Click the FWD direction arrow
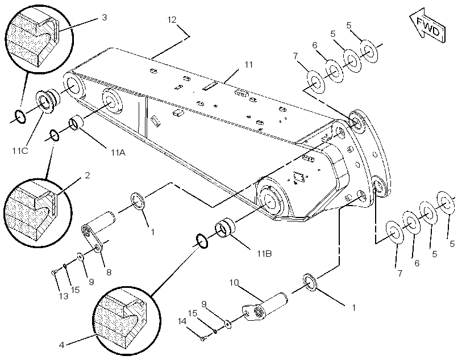point(428,26)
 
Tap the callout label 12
point(172,20)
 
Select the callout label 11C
point(20,151)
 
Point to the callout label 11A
point(118,153)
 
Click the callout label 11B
point(264,254)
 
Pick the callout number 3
point(105,17)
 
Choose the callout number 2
point(87,175)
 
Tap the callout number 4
point(61,345)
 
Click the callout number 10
point(234,282)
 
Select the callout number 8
point(109,273)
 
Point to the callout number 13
point(64,296)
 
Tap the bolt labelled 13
point(53,272)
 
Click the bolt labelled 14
point(203,338)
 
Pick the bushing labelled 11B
point(225,228)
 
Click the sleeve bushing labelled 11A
point(76,123)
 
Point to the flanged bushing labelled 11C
point(48,99)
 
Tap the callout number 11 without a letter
point(248,65)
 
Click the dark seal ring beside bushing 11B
point(202,241)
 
